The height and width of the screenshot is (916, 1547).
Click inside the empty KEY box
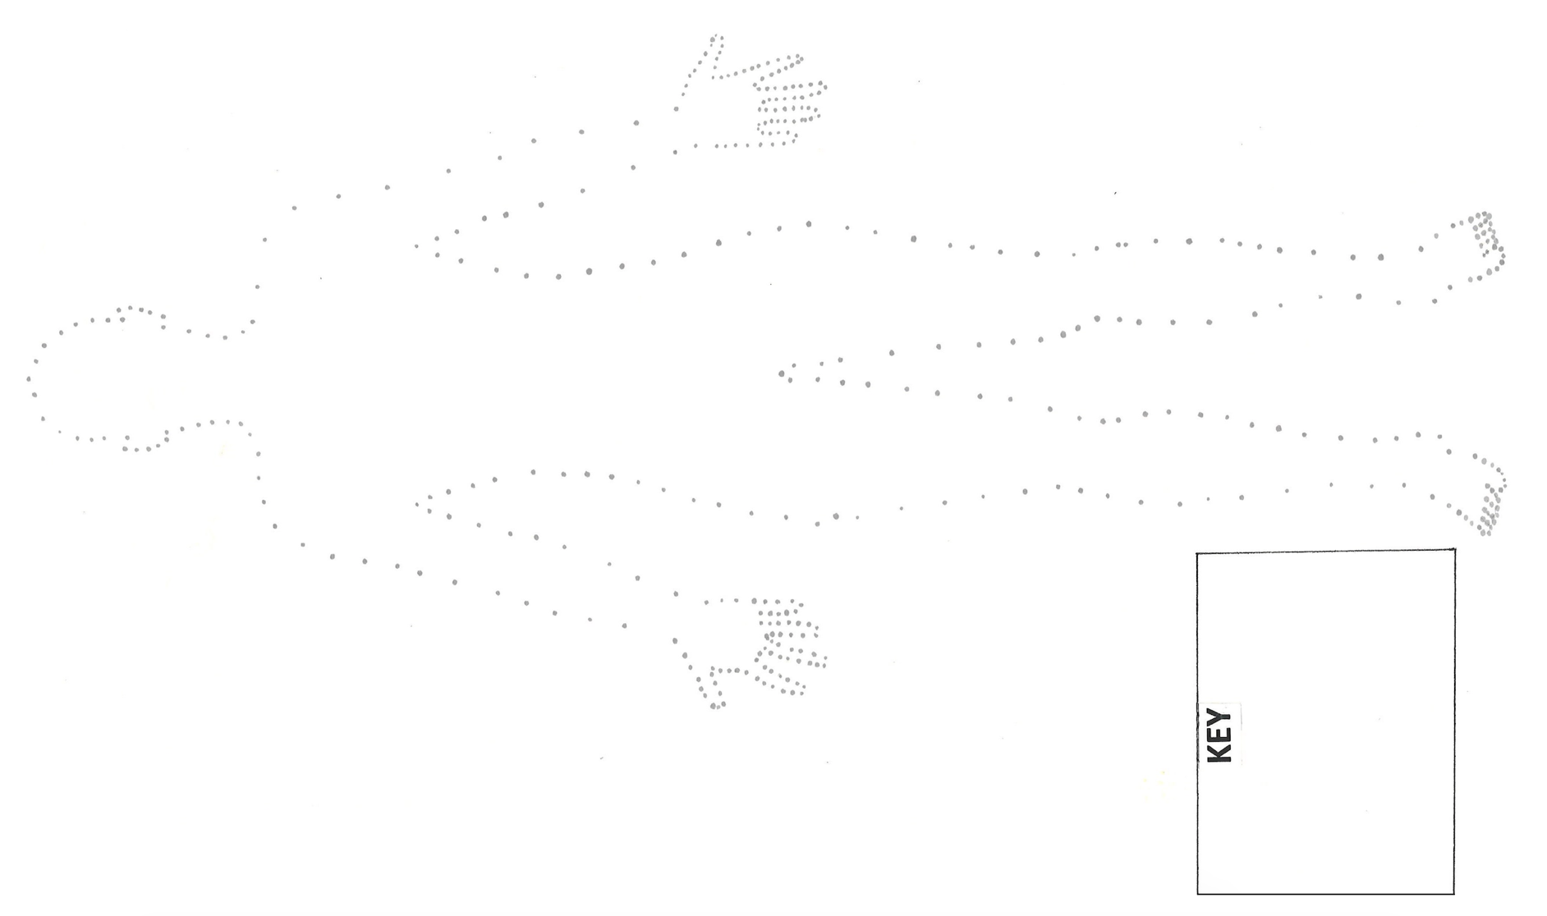tap(1347, 722)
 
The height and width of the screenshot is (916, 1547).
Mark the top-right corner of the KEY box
tap(1455, 550)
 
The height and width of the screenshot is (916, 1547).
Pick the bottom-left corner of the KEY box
tap(1197, 894)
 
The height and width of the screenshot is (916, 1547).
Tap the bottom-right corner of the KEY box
tap(1454, 894)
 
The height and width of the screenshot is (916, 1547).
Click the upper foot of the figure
tap(1478, 246)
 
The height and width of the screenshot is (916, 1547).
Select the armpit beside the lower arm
tap(419, 502)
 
